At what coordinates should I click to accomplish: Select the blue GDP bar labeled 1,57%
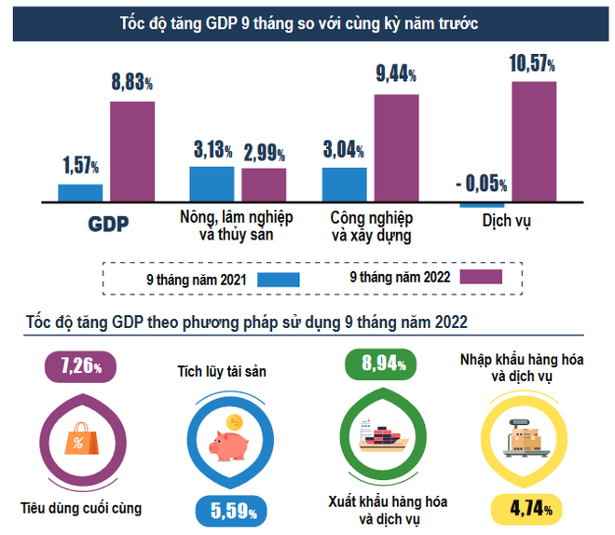(x=80, y=193)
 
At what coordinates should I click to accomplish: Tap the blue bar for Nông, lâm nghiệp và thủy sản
(x=212, y=184)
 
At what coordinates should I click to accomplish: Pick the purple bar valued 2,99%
(x=264, y=185)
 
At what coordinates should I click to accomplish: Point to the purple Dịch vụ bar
(x=533, y=141)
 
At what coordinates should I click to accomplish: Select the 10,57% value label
(x=532, y=63)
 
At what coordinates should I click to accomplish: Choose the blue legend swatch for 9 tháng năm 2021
(x=278, y=279)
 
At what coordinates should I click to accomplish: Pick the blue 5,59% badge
(x=232, y=510)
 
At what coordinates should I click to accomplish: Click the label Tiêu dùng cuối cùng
(x=81, y=509)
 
